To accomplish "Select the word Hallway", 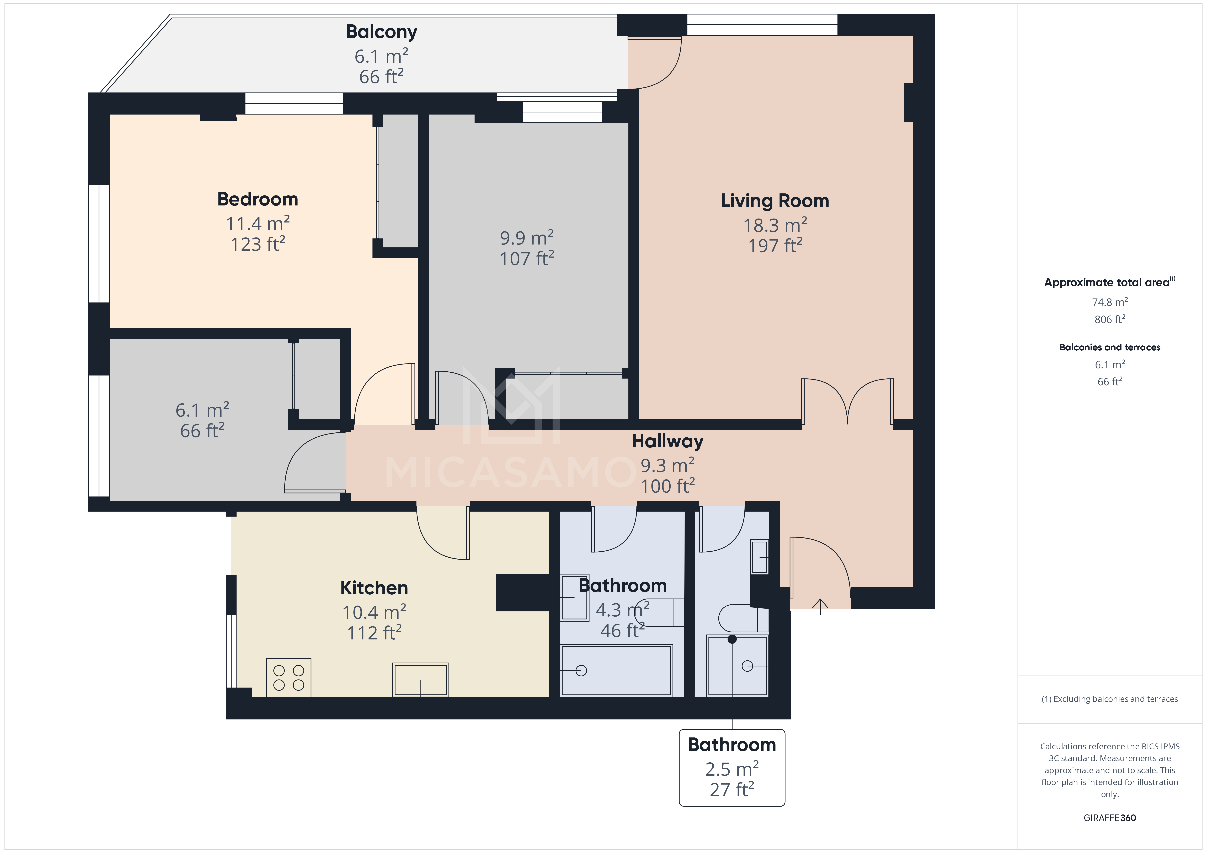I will tap(667, 441).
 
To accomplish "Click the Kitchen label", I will tap(374, 588).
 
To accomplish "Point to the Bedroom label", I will tap(258, 199).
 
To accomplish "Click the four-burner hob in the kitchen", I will tap(289, 677).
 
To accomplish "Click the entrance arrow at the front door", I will tap(820, 606).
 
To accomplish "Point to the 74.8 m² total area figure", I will tap(1109, 302).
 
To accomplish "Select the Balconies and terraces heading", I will tap(1109, 347).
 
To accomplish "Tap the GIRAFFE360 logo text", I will tap(1109, 818).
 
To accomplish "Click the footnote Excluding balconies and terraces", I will tap(1109, 699).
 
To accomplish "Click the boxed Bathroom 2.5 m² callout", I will tap(732, 767).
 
